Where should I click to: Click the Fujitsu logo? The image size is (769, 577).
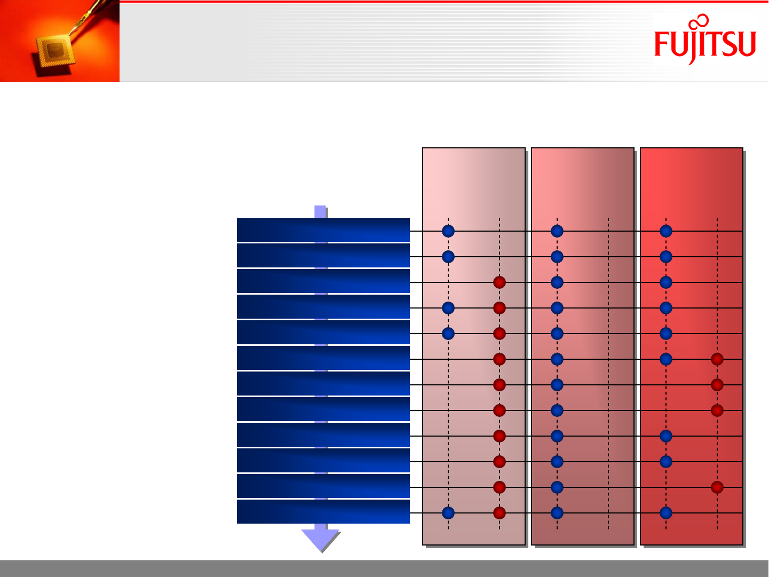(705, 39)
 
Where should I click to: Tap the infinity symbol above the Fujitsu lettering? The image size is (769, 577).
(699, 22)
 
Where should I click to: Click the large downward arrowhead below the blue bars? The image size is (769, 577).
(320, 540)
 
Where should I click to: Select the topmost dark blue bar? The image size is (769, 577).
(323, 230)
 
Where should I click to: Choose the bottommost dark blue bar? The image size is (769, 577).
(323, 511)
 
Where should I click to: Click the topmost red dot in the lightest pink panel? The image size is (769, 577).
(500, 282)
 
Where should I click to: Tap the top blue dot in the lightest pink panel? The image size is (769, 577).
(448, 231)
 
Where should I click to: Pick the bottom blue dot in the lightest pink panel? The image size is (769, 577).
(448, 513)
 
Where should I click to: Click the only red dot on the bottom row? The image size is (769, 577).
(500, 513)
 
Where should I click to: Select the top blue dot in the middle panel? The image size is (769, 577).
(557, 231)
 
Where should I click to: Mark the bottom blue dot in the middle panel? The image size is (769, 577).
(557, 513)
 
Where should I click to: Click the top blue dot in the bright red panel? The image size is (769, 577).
(666, 231)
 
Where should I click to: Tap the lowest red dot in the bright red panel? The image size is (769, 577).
(717, 487)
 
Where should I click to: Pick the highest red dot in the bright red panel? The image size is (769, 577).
(717, 359)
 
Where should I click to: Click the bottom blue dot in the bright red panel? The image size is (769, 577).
(666, 513)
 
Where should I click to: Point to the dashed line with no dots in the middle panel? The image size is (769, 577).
(608, 374)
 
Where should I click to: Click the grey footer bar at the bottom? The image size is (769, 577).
(384, 568)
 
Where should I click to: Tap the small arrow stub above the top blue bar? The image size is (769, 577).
(320, 211)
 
